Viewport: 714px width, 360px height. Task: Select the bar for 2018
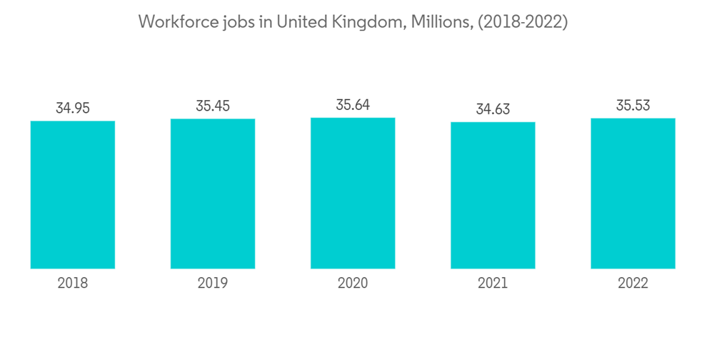click(72, 194)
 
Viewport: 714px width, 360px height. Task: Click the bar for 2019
click(213, 193)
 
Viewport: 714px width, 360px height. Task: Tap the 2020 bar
click(353, 192)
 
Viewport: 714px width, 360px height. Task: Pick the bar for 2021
click(493, 195)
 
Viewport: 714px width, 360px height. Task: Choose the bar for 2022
click(633, 193)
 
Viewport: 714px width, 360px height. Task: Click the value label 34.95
click(72, 109)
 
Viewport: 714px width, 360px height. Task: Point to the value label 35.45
click(213, 106)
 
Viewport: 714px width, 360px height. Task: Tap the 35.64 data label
click(353, 105)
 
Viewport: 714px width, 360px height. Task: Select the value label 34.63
click(493, 110)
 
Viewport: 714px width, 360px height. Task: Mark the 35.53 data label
click(633, 106)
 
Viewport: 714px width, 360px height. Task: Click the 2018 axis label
click(72, 284)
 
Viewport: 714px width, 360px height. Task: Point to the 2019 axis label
click(213, 284)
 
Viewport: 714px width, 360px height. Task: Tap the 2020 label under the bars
click(353, 284)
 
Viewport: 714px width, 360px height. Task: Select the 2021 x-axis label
click(493, 284)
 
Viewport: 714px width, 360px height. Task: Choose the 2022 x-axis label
click(633, 284)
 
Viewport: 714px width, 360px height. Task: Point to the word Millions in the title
click(442, 23)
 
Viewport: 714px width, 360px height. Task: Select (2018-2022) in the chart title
click(523, 23)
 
